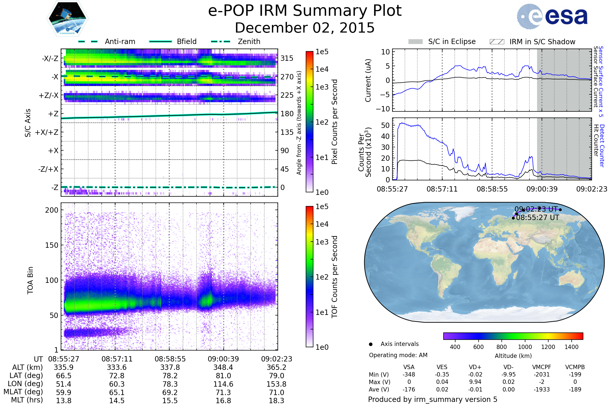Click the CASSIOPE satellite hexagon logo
(x=67, y=18)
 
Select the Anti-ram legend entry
(x=120, y=41)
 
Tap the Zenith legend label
(x=249, y=41)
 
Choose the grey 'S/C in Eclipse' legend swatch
(x=415, y=41)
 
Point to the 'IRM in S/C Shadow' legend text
(x=542, y=42)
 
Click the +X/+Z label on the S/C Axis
(x=47, y=132)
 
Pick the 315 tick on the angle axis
(x=287, y=59)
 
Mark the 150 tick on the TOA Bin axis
(x=52, y=245)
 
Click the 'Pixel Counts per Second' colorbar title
(x=334, y=122)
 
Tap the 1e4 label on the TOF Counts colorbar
(x=322, y=224)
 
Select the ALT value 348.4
(x=223, y=368)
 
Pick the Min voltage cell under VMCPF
(x=542, y=374)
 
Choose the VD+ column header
(x=475, y=367)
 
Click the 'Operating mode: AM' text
(x=398, y=355)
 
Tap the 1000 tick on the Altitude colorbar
(x=525, y=347)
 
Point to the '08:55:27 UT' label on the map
(x=537, y=217)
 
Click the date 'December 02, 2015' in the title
(x=305, y=28)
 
